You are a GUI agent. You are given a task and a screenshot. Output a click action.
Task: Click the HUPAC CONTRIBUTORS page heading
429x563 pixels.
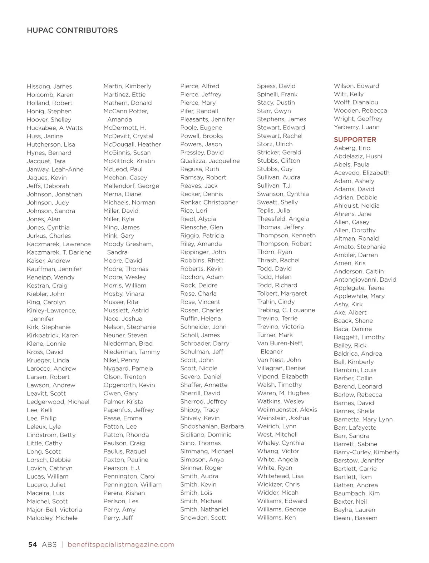(72, 30)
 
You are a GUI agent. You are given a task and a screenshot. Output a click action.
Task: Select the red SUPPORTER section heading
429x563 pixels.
(355, 139)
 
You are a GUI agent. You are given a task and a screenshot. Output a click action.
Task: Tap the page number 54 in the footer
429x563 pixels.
(33, 544)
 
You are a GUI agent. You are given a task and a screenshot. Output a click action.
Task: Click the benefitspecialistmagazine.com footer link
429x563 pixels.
(121, 544)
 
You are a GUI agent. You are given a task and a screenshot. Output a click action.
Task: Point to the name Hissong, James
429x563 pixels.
(49, 87)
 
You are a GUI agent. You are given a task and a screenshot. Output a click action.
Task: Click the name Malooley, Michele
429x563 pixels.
(52, 518)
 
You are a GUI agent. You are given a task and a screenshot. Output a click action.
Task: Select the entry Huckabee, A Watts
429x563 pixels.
(55, 128)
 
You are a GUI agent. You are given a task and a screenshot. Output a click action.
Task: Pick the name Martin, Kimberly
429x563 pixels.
(127, 86)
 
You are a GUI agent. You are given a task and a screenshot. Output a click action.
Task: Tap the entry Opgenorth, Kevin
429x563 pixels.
(129, 385)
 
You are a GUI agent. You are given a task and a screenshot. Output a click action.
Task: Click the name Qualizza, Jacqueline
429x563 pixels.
(210, 161)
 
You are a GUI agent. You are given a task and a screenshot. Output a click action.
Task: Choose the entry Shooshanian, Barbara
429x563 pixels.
(212, 426)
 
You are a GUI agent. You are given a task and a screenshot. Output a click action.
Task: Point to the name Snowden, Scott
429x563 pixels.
(203, 518)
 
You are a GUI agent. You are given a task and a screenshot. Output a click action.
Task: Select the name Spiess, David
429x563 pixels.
(276, 86)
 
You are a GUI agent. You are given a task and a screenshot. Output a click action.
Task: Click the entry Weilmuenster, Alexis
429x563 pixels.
(287, 410)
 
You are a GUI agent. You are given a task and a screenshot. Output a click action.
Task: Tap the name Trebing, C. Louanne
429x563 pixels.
(286, 310)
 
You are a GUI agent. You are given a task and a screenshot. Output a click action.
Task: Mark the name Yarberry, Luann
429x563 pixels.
(356, 127)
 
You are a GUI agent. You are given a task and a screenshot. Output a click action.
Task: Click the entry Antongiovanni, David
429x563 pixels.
(365, 280)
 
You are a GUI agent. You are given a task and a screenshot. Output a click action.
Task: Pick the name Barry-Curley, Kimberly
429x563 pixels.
(366, 452)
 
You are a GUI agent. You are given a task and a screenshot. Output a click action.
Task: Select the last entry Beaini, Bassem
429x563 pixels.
(355, 518)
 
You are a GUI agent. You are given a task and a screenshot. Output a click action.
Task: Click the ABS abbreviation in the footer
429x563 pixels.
(49, 544)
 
